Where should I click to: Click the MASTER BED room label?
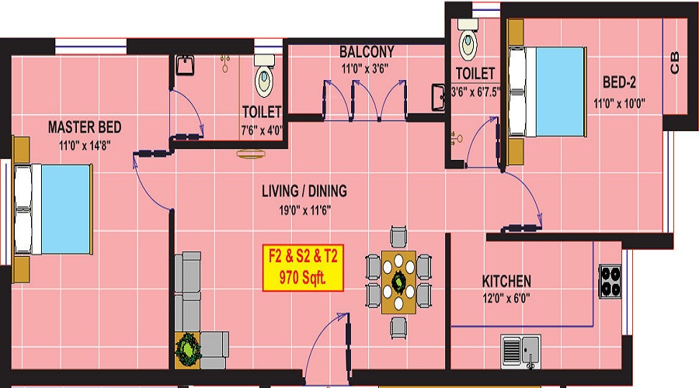pyautogui.click(x=85, y=127)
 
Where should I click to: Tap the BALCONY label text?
pyautogui.click(x=367, y=52)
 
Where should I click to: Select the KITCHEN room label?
pyautogui.click(x=506, y=282)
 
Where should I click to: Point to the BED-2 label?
pyautogui.click(x=619, y=82)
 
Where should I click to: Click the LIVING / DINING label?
pyautogui.click(x=304, y=191)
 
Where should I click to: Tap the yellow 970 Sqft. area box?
pyautogui.click(x=303, y=268)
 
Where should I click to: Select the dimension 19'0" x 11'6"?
pyautogui.click(x=305, y=210)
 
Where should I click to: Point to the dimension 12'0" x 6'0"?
pyautogui.click(x=506, y=298)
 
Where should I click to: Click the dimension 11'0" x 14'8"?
pyautogui.click(x=85, y=145)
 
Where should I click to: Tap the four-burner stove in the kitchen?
pyautogui.click(x=610, y=282)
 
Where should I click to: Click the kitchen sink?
pyautogui.click(x=520, y=352)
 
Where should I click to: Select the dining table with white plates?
pyautogui.click(x=398, y=282)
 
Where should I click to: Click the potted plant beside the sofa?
pyautogui.click(x=188, y=350)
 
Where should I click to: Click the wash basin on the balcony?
pyautogui.click(x=438, y=98)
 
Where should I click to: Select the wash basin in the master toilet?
pyautogui.click(x=185, y=65)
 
